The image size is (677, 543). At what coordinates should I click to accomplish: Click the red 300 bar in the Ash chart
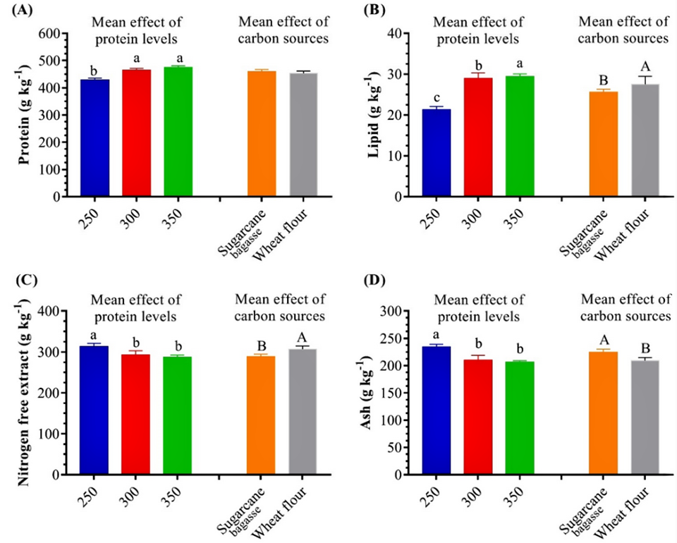click(478, 417)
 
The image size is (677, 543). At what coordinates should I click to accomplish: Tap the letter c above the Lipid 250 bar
click(437, 97)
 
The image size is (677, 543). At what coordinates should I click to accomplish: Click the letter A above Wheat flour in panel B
click(646, 66)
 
